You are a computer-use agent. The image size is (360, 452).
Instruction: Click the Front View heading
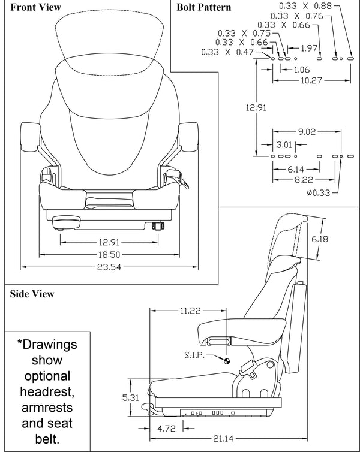pos(35,7)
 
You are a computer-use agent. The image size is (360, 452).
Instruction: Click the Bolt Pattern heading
pos(203,7)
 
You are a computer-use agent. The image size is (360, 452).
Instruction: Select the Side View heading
pos(32,294)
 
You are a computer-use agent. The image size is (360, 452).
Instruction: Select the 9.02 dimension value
pos(307,131)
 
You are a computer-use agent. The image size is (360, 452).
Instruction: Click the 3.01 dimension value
pos(284,144)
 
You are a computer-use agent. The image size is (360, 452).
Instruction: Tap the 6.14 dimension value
pos(296,169)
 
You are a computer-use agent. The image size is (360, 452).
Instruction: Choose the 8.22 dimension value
pos(304,179)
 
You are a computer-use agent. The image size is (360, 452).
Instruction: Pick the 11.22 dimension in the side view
pos(189,311)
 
